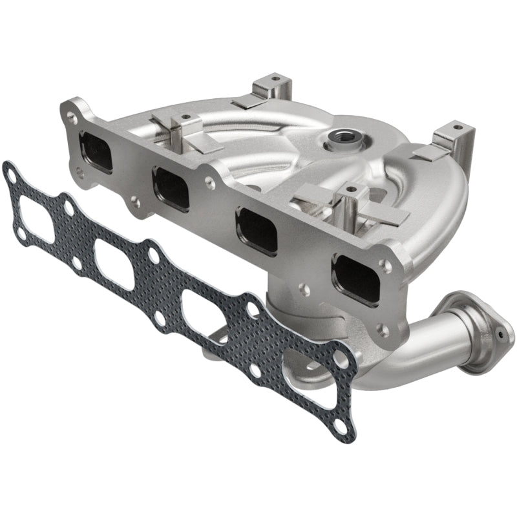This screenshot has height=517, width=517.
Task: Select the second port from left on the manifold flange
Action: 171,189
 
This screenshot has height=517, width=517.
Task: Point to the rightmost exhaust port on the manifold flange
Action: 355,279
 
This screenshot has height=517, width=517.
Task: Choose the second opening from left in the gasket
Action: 114,264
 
